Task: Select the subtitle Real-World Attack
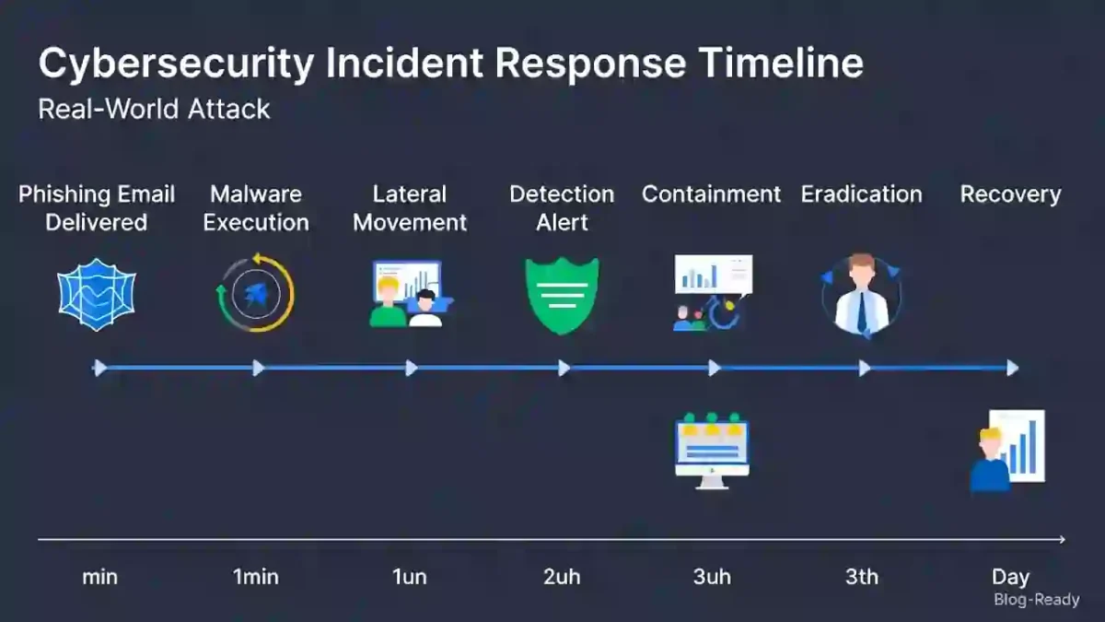click(x=154, y=109)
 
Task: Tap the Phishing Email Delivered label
click(x=97, y=208)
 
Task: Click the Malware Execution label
click(x=256, y=208)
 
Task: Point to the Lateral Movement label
click(x=410, y=208)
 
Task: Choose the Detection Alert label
click(x=562, y=208)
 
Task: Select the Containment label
click(x=711, y=194)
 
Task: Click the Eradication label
click(x=861, y=194)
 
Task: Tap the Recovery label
click(x=1010, y=194)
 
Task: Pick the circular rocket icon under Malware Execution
click(x=255, y=293)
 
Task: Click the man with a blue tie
click(x=861, y=295)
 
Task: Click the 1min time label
click(x=255, y=578)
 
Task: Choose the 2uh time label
click(x=562, y=578)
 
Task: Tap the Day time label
click(x=1010, y=578)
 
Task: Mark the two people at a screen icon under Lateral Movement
click(x=407, y=294)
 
